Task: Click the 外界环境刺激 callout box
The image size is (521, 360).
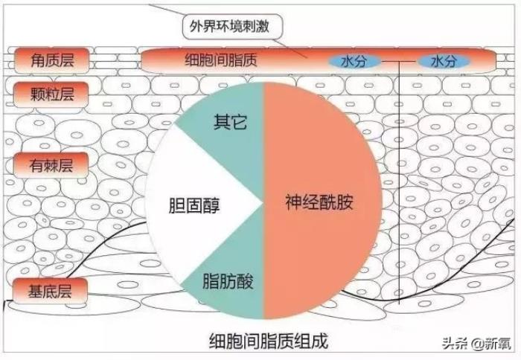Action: click(x=232, y=26)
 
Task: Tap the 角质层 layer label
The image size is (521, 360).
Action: click(x=52, y=60)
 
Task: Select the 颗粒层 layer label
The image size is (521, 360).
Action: click(x=51, y=94)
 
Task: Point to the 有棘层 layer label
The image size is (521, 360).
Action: click(x=51, y=165)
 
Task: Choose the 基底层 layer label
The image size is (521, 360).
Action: click(x=50, y=292)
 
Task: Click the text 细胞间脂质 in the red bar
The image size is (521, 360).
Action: click(x=221, y=60)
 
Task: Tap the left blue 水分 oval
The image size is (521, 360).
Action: click(x=354, y=62)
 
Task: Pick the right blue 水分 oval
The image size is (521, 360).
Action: click(x=444, y=62)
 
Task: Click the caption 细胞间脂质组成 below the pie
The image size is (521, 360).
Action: click(x=269, y=341)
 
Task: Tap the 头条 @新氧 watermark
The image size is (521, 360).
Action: click(x=476, y=343)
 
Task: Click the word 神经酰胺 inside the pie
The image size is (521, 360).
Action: click(x=319, y=202)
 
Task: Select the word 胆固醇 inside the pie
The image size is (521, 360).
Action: click(x=194, y=205)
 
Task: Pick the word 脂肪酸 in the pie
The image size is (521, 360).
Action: click(x=228, y=281)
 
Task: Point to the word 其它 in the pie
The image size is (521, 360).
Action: click(x=230, y=122)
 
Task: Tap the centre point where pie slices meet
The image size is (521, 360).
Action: click(x=263, y=202)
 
